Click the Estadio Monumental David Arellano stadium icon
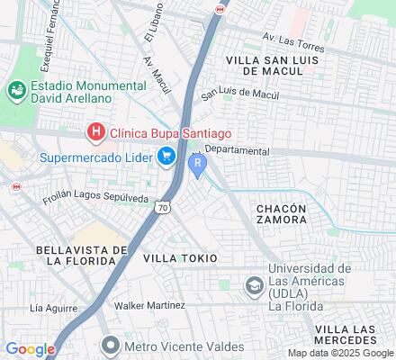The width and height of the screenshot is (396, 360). [x=15, y=91]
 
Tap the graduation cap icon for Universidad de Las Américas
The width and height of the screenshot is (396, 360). [x=254, y=285]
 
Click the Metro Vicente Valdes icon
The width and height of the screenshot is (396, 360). [x=111, y=345]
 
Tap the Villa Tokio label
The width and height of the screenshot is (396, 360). [x=180, y=258]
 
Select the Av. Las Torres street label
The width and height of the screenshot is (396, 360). [x=292, y=39]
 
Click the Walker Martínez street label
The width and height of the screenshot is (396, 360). [x=148, y=305]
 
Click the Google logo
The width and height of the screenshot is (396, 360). [x=30, y=349]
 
